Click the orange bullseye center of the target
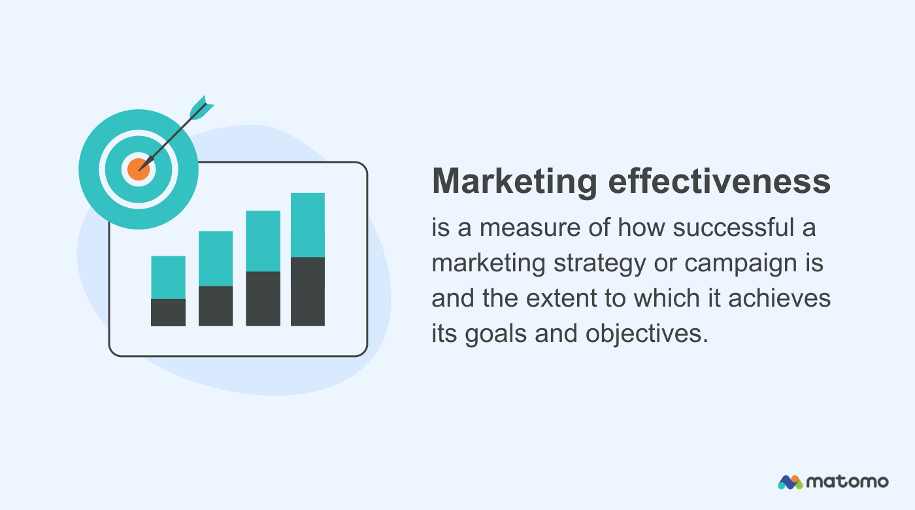(x=138, y=169)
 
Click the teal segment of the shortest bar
(x=168, y=277)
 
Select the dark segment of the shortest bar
(x=168, y=312)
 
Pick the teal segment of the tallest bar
(x=308, y=225)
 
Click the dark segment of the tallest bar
(x=308, y=291)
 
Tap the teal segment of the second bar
(x=216, y=258)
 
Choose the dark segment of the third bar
(x=263, y=298)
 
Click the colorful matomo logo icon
(x=790, y=482)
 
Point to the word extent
(x=557, y=298)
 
